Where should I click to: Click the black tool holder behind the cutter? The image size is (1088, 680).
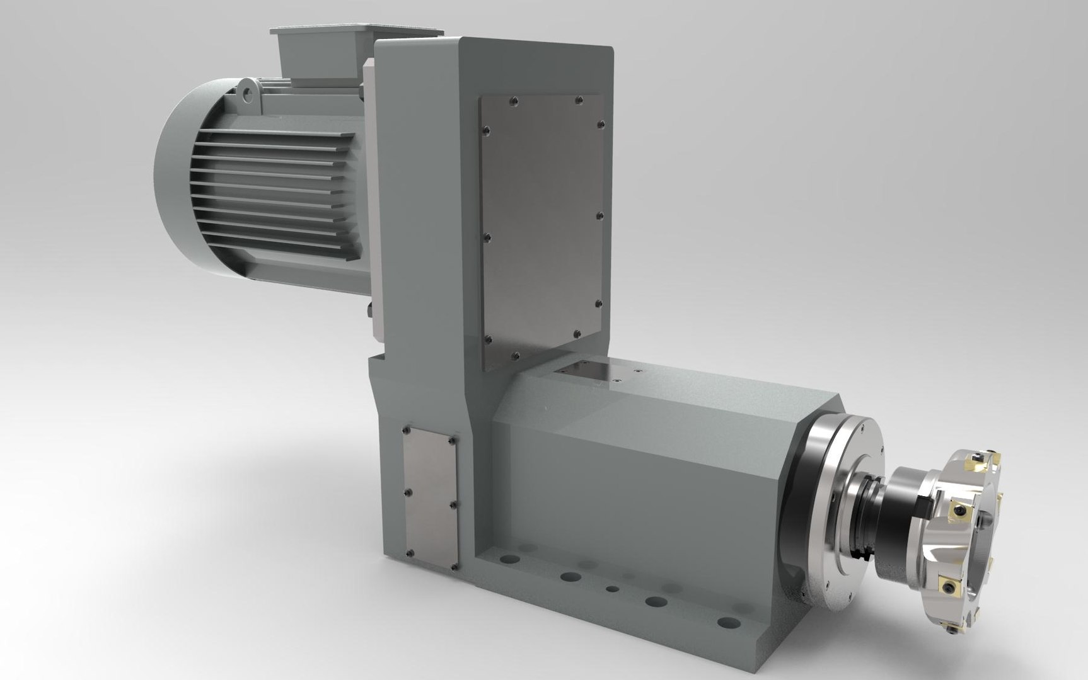pyautogui.click(x=901, y=510)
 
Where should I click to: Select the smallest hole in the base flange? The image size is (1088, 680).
pyautogui.click(x=611, y=589)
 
